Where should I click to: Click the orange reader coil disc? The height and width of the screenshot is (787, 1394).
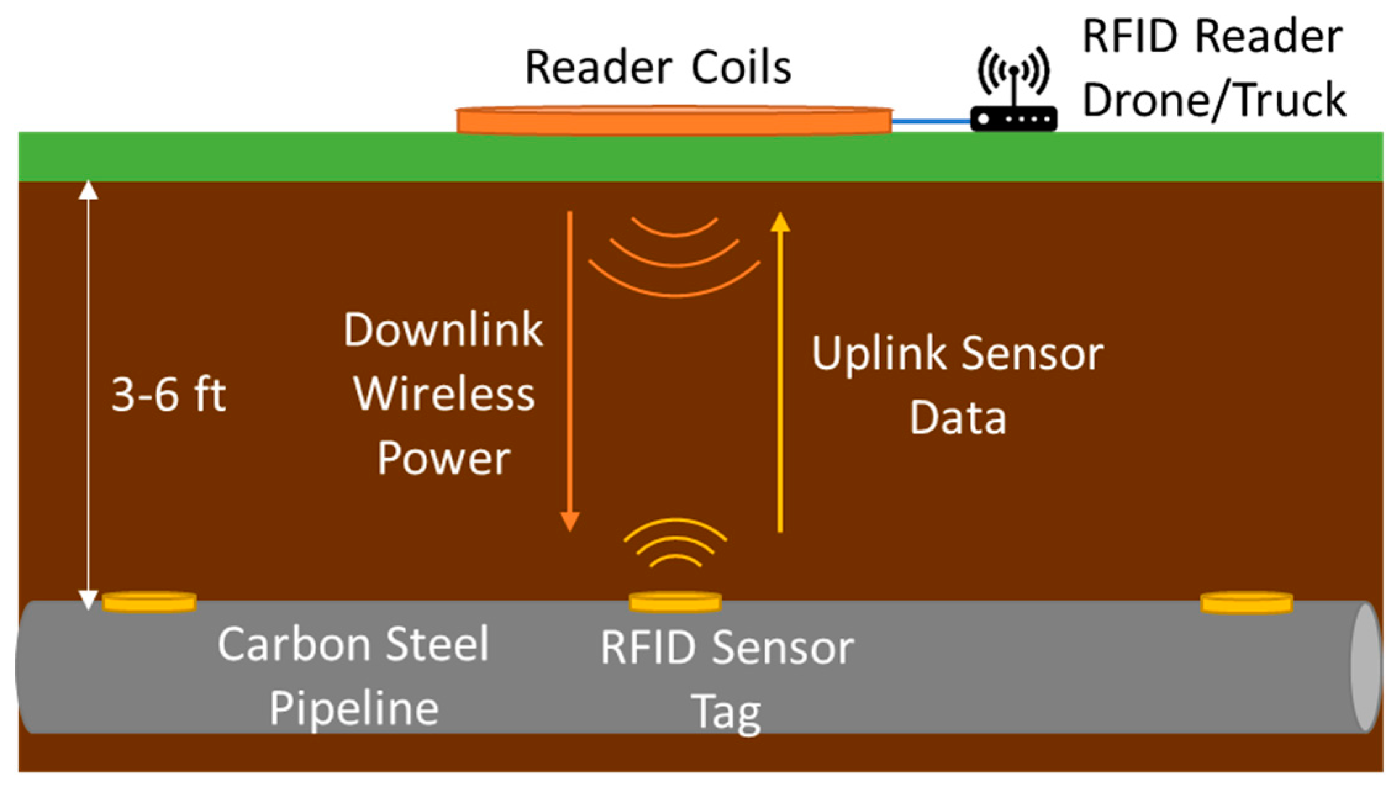674,120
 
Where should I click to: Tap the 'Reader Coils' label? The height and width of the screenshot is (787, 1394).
658,67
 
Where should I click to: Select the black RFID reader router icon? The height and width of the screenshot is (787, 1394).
1013,118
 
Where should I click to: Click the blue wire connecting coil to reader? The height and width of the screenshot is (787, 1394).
931,121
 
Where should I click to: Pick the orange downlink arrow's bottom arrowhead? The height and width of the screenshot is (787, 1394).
569,521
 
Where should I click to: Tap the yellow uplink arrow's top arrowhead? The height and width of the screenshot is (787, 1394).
780,222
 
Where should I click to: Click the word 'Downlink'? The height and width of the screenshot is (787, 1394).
443,329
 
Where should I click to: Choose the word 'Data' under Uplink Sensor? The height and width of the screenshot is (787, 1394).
958,418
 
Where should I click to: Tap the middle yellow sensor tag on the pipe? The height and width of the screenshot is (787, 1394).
675,601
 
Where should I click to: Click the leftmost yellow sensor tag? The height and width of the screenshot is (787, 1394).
149,601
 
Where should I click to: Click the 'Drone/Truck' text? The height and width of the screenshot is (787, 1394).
1214,99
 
